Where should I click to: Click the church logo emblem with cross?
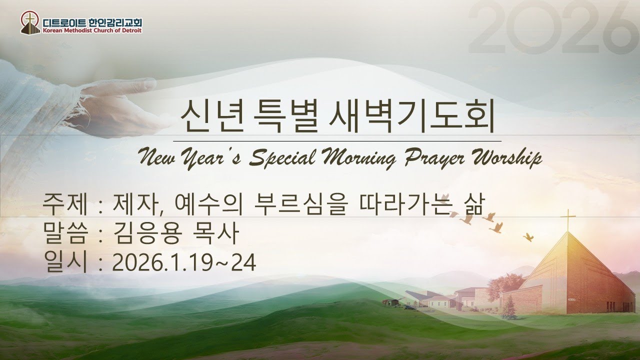point(30,22)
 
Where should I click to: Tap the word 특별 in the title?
point(290,117)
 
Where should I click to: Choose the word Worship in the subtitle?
point(505,158)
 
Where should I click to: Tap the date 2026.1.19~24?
point(184,262)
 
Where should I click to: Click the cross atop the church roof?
point(567,220)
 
